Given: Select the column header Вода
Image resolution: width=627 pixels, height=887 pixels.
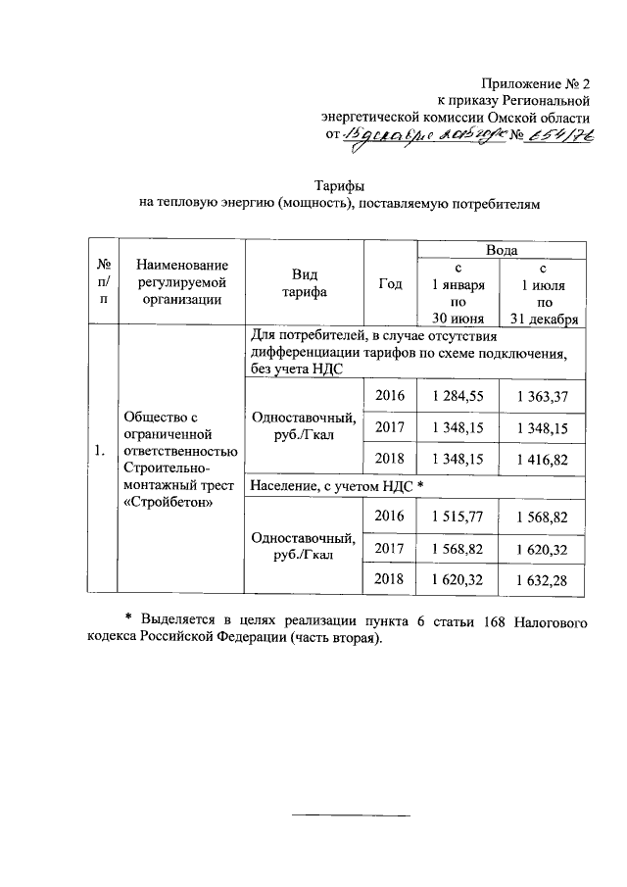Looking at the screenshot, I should point(502,251).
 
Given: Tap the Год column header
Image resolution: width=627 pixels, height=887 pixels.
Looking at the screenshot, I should point(390,284).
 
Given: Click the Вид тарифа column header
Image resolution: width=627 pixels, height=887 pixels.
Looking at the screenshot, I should point(302,283).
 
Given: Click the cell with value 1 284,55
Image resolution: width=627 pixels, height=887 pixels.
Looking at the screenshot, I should point(458,396).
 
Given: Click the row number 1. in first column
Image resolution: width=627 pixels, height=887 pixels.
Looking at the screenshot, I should point(100,451).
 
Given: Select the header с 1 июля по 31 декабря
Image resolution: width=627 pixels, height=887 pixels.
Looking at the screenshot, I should point(542,292).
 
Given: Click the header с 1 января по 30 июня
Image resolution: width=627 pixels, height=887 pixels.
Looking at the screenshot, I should point(458,292).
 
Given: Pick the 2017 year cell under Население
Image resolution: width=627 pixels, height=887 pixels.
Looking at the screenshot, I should point(390,548).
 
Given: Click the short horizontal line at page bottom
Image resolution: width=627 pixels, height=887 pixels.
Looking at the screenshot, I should point(354,815).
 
